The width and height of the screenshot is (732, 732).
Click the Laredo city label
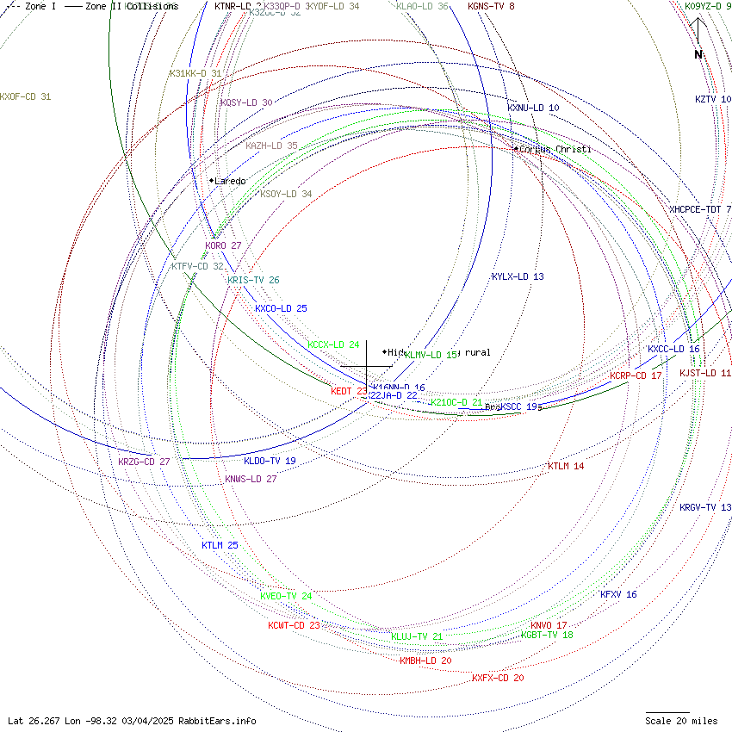point(230,181)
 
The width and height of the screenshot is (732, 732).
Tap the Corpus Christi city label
point(555,150)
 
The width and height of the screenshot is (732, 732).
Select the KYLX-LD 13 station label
point(518,276)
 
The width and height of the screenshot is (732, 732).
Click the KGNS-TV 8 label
point(491,6)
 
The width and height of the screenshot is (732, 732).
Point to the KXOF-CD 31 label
point(25,96)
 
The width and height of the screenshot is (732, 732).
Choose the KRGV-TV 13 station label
point(705,507)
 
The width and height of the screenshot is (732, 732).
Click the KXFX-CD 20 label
point(498,678)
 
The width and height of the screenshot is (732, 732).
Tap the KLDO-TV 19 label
point(270,461)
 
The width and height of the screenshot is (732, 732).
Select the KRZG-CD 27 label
point(144,462)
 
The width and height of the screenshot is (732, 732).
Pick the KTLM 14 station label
point(566,466)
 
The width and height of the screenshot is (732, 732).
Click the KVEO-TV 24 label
point(286,596)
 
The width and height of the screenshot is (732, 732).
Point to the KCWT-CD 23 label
point(294,625)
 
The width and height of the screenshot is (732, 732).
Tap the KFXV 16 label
point(618,594)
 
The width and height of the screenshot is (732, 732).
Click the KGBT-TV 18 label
point(547,635)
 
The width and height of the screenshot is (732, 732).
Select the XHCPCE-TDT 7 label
point(700,209)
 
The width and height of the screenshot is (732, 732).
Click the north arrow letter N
point(698,55)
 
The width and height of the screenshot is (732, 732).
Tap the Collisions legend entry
point(152,6)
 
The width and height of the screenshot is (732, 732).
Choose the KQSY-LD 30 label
point(246,102)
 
